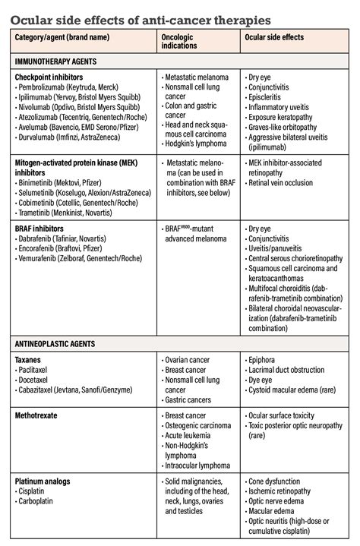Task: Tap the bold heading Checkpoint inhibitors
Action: (x=49, y=77)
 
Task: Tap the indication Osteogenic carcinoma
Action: (x=200, y=426)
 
